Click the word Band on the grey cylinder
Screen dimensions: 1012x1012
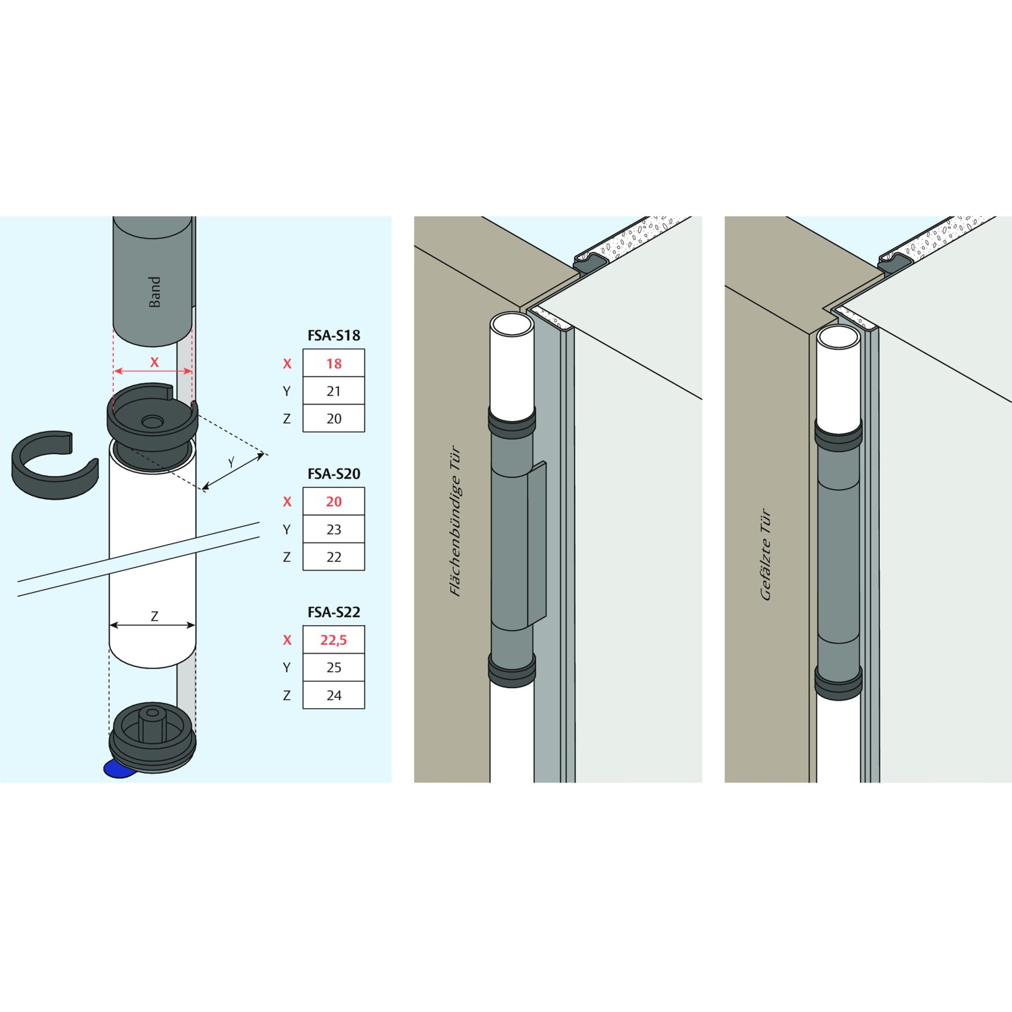[x=155, y=292]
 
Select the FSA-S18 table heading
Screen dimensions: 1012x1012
[x=333, y=336]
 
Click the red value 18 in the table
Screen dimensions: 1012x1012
[x=333, y=364]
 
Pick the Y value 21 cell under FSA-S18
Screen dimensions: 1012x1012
[x=333, y=391]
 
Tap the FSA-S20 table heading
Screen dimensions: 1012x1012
[x=333, y=474]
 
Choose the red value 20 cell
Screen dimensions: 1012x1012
[x=333, y=502]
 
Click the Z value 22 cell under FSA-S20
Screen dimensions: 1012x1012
[x=333, y=557]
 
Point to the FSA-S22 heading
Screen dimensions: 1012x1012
[x=333, y=612]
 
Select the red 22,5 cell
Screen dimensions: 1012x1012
[x=333, y=640]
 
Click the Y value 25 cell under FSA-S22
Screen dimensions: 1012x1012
[x=333, y=667]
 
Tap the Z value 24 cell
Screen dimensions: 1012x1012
[x=333, y=695]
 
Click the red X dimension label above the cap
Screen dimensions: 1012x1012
[x=155, y=363]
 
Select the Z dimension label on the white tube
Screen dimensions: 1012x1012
[x=155, y=616]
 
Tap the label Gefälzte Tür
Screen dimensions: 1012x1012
[x=766, y=554]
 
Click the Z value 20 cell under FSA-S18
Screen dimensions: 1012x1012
[x=333, y=419]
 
